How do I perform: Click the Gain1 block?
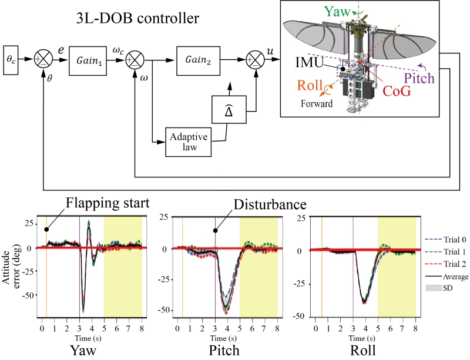point(88,60)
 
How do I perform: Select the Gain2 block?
point(195,60)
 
